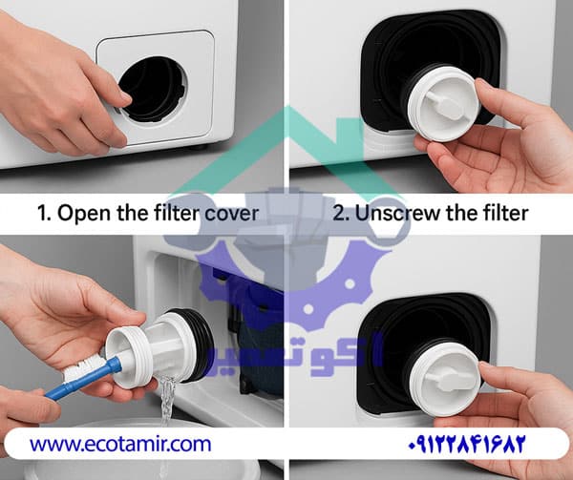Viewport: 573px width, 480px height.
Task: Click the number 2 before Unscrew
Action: click(339, 214)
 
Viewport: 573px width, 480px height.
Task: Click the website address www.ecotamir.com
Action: click(120, 445)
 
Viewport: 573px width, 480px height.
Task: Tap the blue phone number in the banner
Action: click(466, 444)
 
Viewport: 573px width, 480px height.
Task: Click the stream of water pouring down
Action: click(167, 400)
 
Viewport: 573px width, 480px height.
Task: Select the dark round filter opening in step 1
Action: click(153, 89)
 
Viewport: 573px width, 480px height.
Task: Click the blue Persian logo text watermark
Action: click(294, 353)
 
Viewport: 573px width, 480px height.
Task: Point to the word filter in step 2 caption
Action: click(508, 213)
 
